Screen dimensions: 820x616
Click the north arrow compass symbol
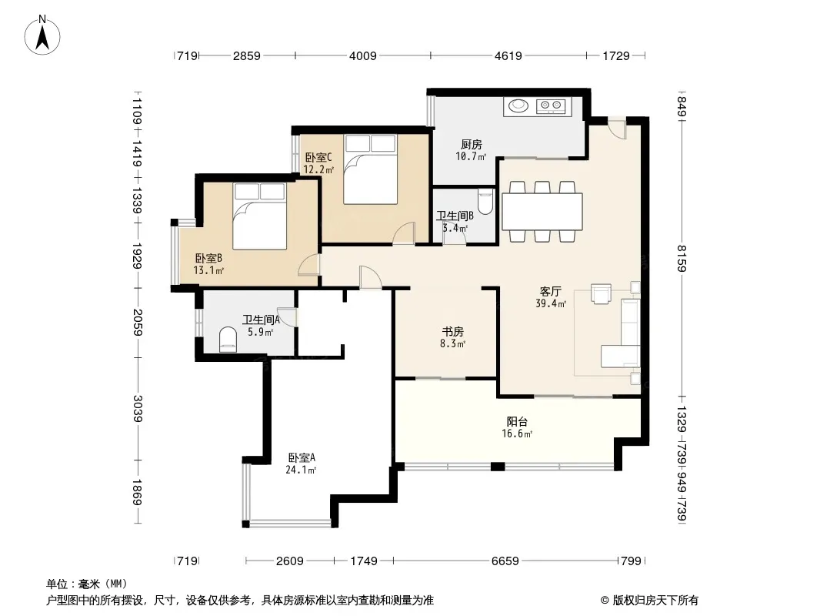[x=42, y=35]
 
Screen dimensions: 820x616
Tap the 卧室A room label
[x=302, y=457]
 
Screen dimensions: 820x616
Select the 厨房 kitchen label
[x=472, y=144]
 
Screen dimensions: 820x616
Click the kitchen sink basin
[x=518, y=105]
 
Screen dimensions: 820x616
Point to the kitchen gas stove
[x=551, y=106]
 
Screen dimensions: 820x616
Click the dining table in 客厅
[x=542, y=212]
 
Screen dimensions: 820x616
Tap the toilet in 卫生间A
[x=228, y=340]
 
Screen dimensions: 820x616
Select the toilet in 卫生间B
[x=485, y=202]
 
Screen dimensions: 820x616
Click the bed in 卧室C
[x=370, y=169]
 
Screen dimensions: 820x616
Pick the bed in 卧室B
[x=259, y=216]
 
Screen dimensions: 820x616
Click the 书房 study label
[x=453, y=331]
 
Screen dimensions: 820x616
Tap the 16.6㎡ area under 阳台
[x=517, y=434]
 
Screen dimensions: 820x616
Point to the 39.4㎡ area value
[x=551, y=303]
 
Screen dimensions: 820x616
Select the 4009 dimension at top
[x=363, y=55]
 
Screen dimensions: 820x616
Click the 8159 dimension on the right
[x=682, y=258]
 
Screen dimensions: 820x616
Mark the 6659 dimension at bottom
[x=505, y=561]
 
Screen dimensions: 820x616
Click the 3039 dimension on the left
[x=138, y=408]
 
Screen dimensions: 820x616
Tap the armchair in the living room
[x=602, y=293]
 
